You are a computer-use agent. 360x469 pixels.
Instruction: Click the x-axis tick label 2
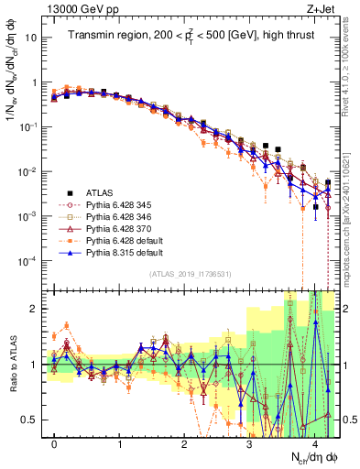(x=185, y=445)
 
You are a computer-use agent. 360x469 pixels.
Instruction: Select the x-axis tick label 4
(x=315, y=445)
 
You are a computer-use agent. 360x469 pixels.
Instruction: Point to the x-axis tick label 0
(x=55, y=445)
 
